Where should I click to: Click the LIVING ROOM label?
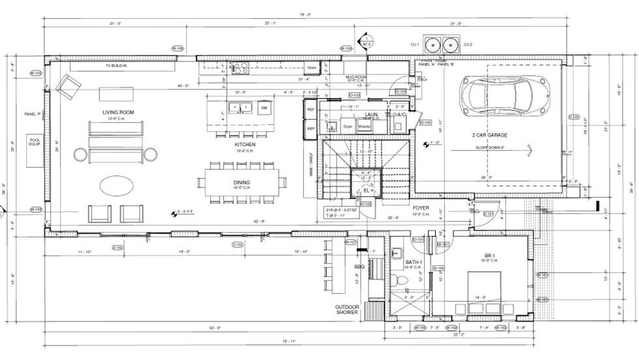point(118,112)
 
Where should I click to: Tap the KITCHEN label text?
point(245,144)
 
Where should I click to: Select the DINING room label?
point(241,182)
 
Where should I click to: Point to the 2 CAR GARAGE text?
point(490,135)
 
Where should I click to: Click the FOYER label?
point(420,208)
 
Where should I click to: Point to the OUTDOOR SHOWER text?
point(348,310)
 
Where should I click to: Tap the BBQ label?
point(359,267)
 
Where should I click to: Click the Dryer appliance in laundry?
point(348,126)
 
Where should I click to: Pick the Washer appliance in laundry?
point(364,126)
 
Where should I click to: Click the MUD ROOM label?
point(356,77)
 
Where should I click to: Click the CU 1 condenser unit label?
point(414,44)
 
